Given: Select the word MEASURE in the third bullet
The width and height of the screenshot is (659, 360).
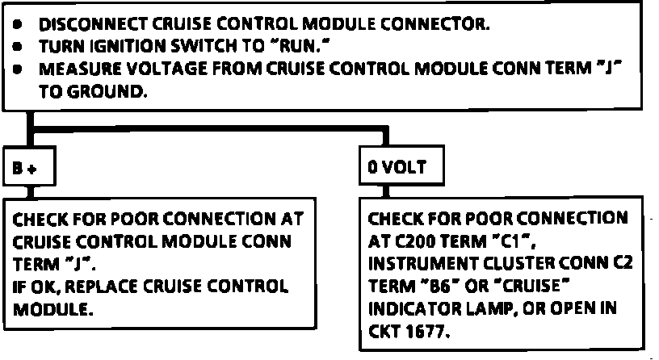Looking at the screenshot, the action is (x=73, y=69).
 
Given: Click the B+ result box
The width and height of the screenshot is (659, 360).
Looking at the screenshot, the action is (x=27, y=168).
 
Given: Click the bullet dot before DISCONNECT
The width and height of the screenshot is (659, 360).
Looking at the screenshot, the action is (x=18, y=24).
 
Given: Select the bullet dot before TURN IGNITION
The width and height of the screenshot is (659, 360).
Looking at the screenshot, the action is (x=18, y=47).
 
